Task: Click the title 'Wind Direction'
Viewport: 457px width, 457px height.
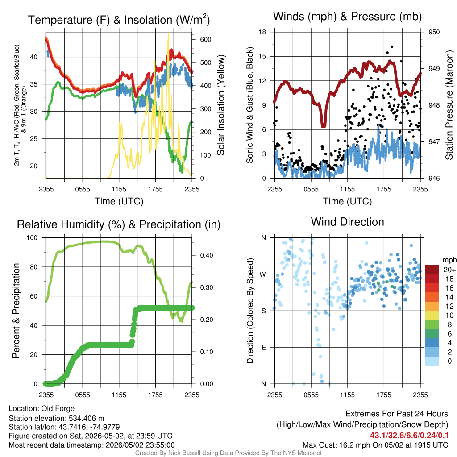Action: tap(347, 222)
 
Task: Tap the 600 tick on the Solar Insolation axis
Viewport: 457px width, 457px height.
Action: tap(205, 40)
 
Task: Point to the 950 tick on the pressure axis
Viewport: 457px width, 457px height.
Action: tap(434, 32)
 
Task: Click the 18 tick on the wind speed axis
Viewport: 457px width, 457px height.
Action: tap(262, 32)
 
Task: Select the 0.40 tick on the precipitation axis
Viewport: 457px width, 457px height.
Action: tap(207, 256)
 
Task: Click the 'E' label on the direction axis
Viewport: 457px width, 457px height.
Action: tap(264, 347)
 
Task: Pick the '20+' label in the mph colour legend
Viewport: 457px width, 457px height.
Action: tap(449, 270)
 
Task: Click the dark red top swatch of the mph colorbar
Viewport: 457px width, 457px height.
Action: tap(432, 270)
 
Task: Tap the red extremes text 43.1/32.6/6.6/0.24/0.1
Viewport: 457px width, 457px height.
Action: tap(409, 436)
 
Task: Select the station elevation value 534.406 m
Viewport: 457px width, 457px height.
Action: tap(86, 419)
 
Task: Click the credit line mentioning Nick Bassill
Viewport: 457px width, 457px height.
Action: tap(228, 453)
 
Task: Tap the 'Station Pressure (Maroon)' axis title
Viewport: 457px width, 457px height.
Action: tap(449, 105)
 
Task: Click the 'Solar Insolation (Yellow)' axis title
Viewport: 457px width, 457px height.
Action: tap(221, 105)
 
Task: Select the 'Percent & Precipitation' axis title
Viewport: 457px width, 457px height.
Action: tap(16, 311)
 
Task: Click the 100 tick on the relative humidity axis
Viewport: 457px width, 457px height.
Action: tap(32, 238)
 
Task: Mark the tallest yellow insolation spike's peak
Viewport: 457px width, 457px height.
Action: tap(168, 33)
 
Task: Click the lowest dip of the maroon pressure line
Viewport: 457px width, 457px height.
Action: tap(323, 126)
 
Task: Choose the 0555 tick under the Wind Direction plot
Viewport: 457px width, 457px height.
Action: tap(311, 395)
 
